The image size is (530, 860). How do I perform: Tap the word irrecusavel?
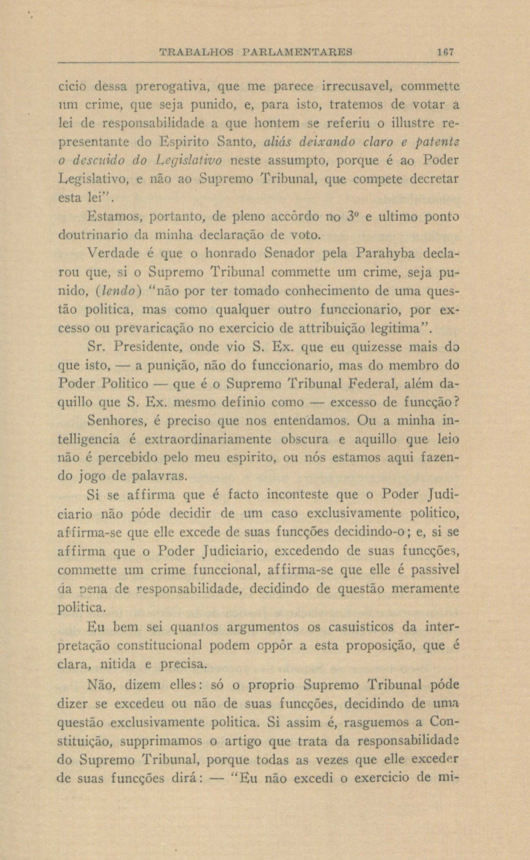356,85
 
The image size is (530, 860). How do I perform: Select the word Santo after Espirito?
234,142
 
